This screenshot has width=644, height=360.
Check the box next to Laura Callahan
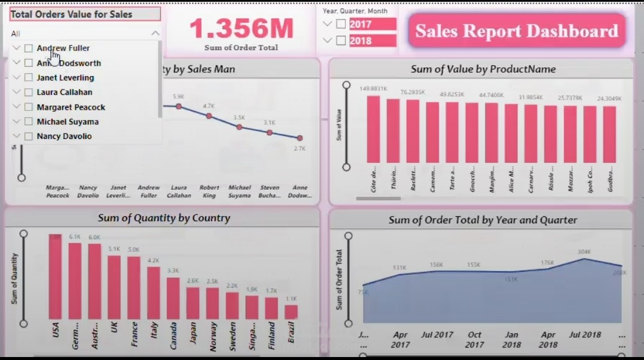(x=29, y=92)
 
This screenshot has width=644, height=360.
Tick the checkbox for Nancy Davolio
(x=29, y=136)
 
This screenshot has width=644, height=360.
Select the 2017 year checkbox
(x=341, y=24)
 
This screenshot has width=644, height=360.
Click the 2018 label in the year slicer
(x=360, y=41)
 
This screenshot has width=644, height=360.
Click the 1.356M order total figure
(x=241, y=29)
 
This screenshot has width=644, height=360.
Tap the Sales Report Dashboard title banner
(x=516, y=31)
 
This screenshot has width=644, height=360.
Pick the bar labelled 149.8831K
(x=373, y=129)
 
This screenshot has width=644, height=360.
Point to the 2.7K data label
(x=299, y=148)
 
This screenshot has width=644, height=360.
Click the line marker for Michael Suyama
(x=239, y=127)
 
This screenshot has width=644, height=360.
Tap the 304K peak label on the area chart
(x=584, y=252)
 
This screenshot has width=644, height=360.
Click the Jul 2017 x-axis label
(x=437, y=335)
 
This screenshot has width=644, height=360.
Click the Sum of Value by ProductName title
(x=483, y=69)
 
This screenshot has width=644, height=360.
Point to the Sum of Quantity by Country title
(x=164, y=218)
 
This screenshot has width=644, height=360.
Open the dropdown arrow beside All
(x=155, y=33)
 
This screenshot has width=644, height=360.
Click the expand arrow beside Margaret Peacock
(x=16, y=107)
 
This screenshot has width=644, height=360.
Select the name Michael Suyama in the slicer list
(x=67, y=122)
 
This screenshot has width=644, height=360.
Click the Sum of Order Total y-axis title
(x=339, y=280)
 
